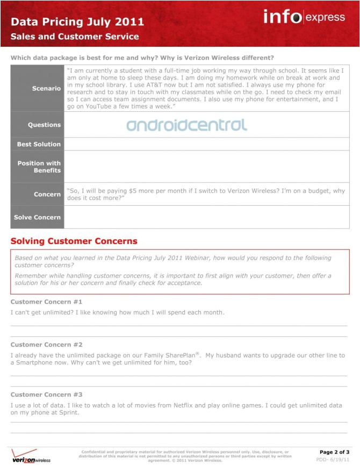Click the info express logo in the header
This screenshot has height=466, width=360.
point(304,17)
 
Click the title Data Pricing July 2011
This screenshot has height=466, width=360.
point(77,22)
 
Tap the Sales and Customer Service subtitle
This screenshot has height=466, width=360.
point(75,37)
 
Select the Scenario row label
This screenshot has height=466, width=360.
point(46,88)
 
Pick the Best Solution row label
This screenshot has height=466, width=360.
point(39,144)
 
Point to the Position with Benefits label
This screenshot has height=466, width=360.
point(39,167)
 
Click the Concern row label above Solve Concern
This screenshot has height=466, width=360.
point(48,194)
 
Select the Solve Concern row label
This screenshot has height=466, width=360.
point(38,217)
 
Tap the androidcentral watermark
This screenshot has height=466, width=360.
point(187,125)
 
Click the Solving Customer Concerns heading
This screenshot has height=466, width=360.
point(74,241)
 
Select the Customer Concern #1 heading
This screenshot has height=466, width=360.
point(46,302)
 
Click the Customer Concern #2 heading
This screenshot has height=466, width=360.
point(46,345)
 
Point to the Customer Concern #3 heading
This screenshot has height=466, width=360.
point(46,395)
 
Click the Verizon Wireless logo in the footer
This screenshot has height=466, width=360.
point(31,456)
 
